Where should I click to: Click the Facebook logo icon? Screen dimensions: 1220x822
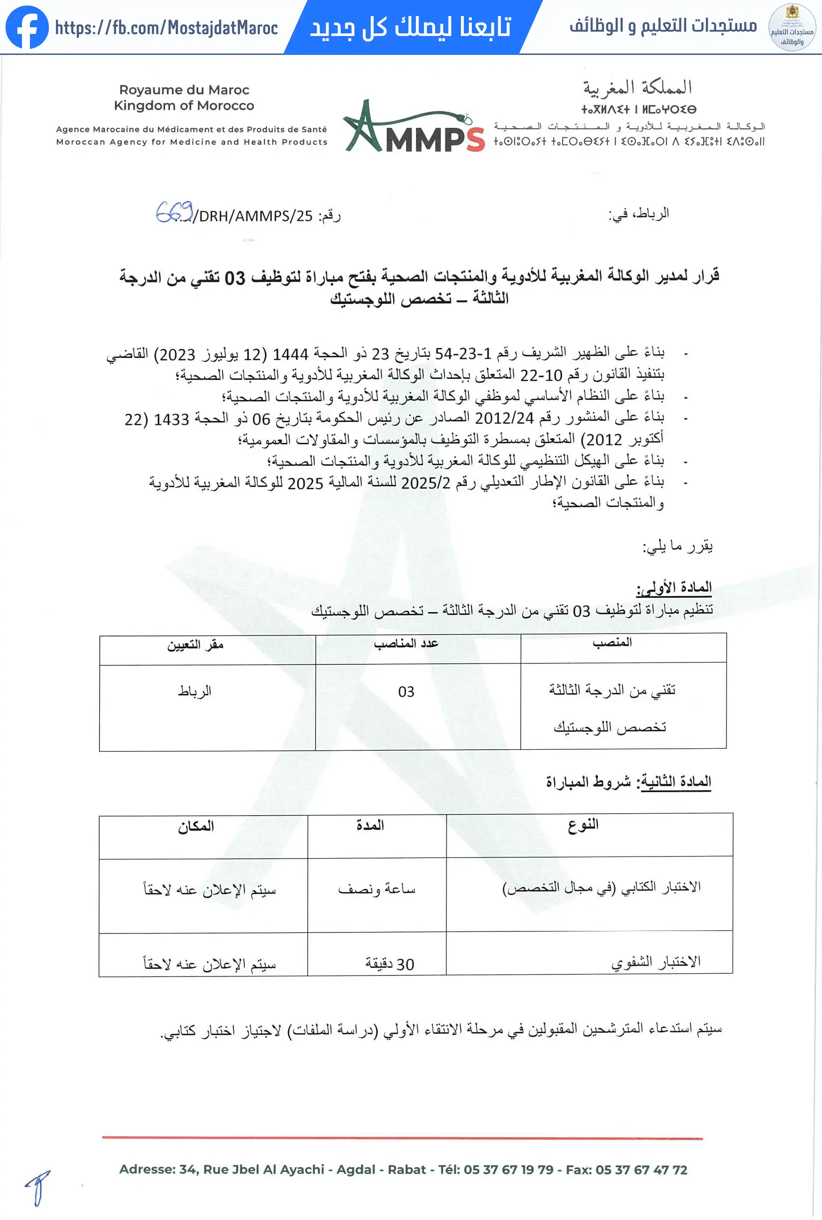[x=27, y=27]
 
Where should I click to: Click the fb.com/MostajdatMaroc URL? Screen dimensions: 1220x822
[x=166, y=28]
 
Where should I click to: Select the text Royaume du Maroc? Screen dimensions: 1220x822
[x=184, y=90]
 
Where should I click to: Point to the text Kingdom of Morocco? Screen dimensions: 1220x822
[x=184, y=105]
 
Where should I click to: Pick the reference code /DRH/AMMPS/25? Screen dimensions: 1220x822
[x=253, y=216]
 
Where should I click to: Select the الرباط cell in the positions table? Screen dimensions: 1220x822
[x=195, y=691]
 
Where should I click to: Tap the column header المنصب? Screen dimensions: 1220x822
[x=612, y=642]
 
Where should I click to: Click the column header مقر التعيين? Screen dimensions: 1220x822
[x=195, y=645]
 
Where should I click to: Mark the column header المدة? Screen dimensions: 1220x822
[x=370, y=826]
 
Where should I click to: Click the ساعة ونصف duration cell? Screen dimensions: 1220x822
[x=377, y=889]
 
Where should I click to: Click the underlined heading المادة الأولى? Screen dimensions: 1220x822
[x=674, y=588]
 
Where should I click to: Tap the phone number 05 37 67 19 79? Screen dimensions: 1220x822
[x=508, y=1170]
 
